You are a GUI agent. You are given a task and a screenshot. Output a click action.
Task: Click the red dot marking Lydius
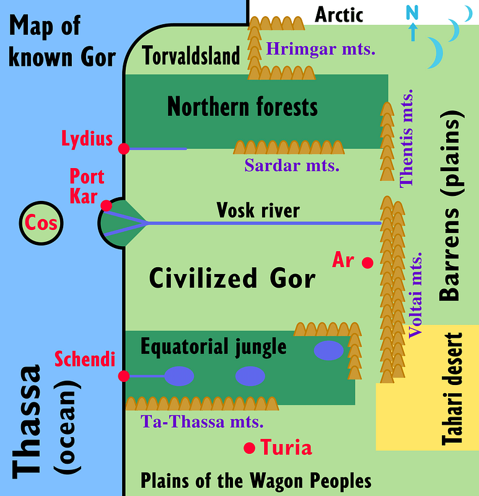pos(124,148)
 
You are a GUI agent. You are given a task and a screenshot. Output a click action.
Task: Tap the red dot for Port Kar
pos(107,206)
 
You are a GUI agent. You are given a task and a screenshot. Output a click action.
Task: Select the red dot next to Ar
pos(367,263)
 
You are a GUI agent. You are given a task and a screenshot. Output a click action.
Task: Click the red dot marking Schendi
pos(124,376)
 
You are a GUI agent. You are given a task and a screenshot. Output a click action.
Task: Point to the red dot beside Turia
pos(249,448)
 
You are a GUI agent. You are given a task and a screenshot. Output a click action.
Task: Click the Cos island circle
pos(42,223)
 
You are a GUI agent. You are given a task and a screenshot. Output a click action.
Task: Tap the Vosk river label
pos(258,211)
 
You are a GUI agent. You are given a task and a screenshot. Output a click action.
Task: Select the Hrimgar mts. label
pos(321,48)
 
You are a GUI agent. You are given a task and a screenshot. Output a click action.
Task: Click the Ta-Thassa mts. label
pos(203,422)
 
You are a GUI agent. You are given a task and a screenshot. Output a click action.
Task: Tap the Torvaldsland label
pos(191,57)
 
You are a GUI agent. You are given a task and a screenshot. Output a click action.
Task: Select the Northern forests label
pos(242,107)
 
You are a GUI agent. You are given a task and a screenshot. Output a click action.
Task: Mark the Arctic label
pos(339,14)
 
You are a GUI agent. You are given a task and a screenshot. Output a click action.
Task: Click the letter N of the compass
pos(412,12)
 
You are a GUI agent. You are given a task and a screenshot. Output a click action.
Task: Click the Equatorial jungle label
pos(214,347)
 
